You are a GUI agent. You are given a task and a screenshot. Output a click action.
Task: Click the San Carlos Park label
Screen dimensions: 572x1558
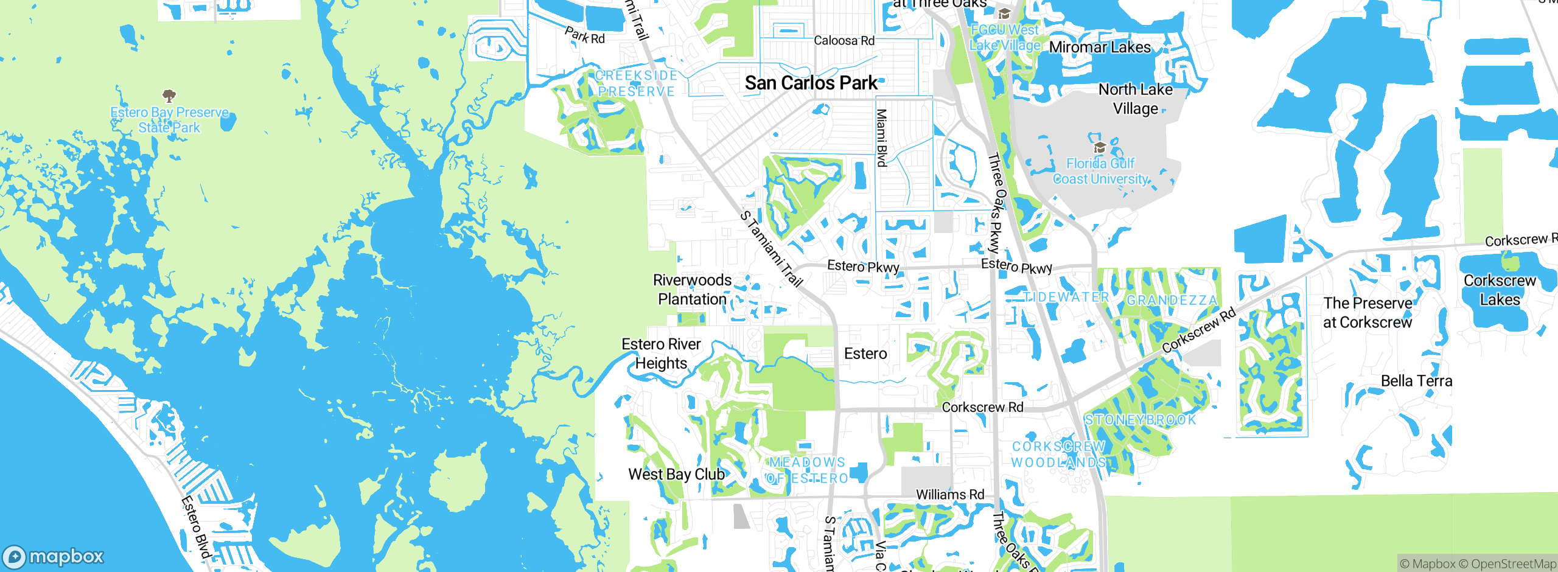pos(811,83)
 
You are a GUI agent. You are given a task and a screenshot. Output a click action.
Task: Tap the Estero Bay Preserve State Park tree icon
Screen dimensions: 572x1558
pos(169,96)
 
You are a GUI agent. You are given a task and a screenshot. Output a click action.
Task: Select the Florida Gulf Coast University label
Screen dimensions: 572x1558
pos(1100,171)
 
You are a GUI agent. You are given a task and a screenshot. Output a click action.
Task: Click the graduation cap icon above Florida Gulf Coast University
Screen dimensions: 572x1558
pos(1100,147)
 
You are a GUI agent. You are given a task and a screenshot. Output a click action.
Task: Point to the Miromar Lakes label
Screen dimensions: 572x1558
pos(1100,47)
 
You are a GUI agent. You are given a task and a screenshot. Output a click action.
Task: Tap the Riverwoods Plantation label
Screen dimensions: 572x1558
pos(693,290)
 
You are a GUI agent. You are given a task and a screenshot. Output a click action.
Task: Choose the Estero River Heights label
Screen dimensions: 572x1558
pos(661,354)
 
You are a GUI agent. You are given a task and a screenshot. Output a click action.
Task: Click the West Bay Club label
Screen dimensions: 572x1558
pos(676,474)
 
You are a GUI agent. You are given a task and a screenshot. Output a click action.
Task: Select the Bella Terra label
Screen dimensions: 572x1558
pos(1416,381)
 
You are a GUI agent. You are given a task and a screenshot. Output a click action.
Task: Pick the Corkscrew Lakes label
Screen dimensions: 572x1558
pos(1500,290)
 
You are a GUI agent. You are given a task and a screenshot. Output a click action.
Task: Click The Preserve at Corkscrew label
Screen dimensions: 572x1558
pos(1368,312)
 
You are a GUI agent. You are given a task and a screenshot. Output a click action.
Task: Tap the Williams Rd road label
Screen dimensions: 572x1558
pos(950,495)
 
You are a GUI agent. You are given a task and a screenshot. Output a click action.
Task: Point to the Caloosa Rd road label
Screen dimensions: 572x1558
pos(844,41)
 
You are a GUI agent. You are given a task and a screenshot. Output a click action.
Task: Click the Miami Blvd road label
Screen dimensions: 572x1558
pos(881,138)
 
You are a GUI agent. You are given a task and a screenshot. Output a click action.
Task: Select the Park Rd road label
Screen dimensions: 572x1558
pos(585,35)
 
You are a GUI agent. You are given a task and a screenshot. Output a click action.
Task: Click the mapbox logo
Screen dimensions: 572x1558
pos(54,556)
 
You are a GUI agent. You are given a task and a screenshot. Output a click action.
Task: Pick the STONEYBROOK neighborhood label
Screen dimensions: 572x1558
pos(1140,420)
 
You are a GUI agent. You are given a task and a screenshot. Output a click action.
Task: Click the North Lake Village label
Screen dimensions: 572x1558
pos(1135,99)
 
